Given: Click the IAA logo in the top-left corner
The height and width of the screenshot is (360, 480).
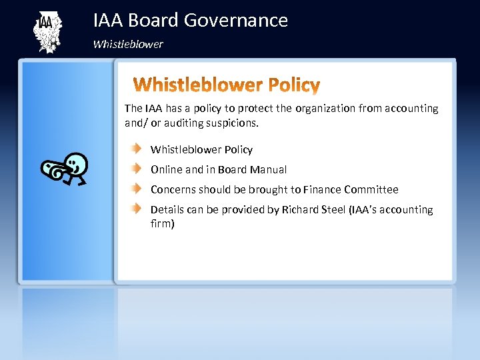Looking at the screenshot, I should click(47, 32).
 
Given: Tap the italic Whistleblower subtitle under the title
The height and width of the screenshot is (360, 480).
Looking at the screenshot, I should click(128, 45).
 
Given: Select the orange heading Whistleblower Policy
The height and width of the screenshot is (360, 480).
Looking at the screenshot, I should click(227, 85).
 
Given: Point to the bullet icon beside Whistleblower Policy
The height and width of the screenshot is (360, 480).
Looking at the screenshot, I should click(136, 149).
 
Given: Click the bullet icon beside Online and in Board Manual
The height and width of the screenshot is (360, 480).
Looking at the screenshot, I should click(136, 169).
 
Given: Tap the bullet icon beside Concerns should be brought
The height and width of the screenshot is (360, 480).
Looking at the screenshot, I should click(136, 189).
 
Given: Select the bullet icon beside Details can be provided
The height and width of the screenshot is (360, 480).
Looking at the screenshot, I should click(136, 209).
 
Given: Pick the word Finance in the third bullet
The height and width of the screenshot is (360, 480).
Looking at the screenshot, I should click(323, 190).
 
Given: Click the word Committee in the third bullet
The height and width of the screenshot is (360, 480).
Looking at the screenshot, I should click(371, 190).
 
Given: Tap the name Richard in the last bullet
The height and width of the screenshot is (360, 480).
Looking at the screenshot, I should click(301, 210).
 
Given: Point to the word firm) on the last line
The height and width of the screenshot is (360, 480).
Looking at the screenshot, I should click(163, 224).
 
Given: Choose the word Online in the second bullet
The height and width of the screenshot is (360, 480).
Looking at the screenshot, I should click(167, 170).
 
